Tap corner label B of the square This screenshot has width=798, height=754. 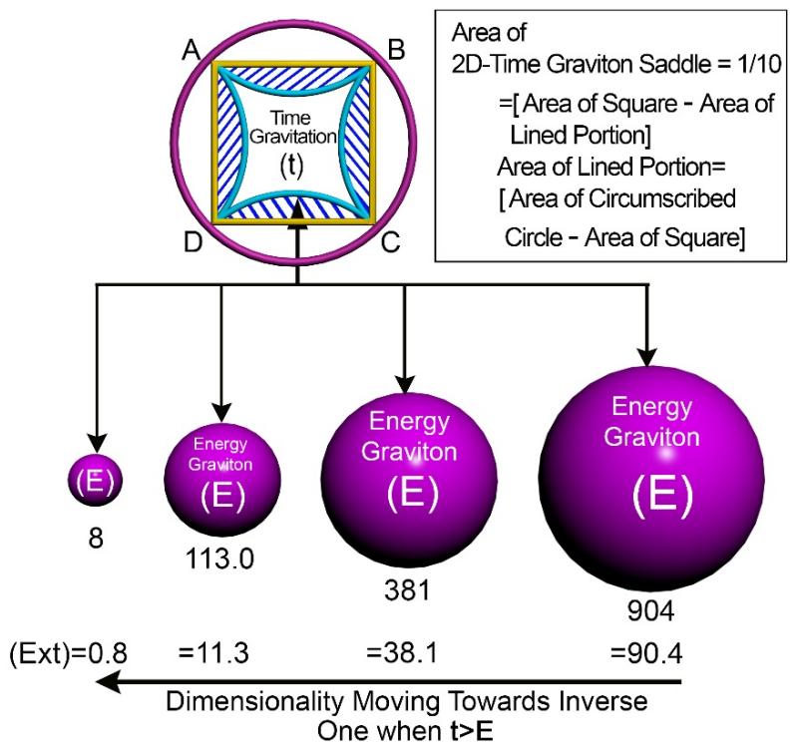[395, 49]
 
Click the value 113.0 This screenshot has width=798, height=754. [220, 557]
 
